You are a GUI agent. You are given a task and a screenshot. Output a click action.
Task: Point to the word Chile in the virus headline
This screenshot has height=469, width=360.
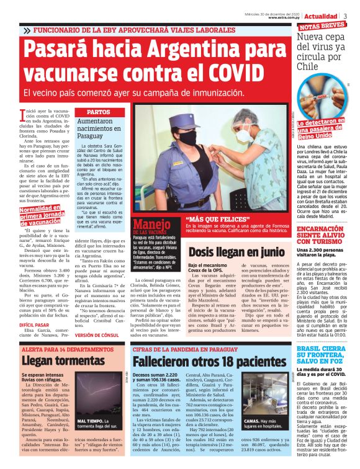[x=310, y=65]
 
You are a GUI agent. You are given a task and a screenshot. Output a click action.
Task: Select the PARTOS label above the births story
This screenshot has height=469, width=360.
[x=98, y=112]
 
